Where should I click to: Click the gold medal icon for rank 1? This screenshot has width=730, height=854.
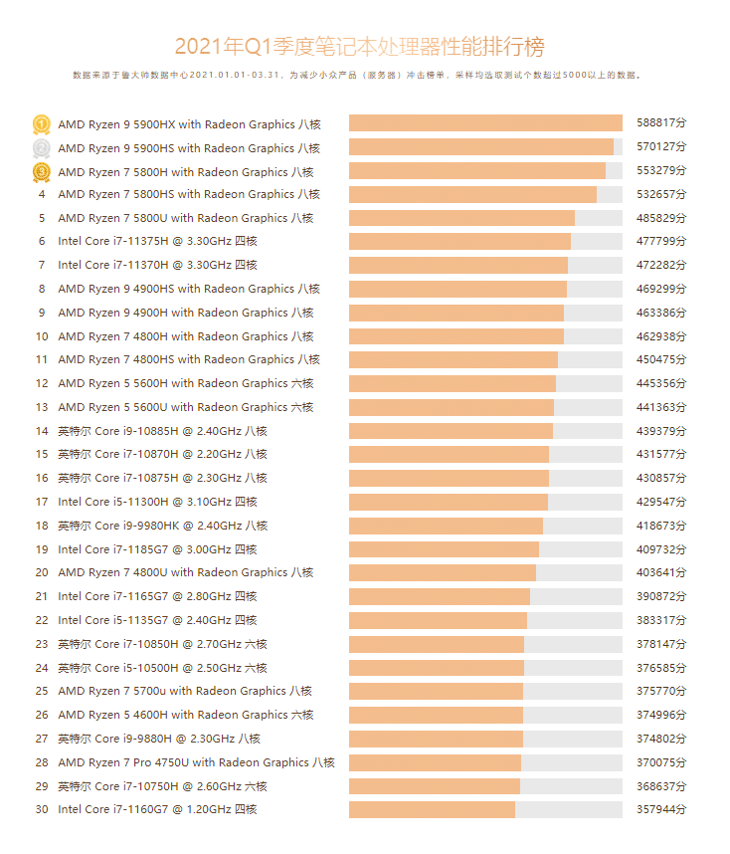coord(42,124)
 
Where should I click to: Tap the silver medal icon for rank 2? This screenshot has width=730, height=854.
coord(42,148)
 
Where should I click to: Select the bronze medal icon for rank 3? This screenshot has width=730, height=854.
coord(42,172)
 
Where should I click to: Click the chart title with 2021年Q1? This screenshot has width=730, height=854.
coord(359,47)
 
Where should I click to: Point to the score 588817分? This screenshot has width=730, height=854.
coord(661,123)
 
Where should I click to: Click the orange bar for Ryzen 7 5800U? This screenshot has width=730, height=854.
coord(461,218)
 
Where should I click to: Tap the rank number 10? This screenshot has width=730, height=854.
coord(42,336)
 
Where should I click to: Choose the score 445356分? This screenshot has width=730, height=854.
coord(661,383)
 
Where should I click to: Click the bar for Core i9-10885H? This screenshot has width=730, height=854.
coord(451,431)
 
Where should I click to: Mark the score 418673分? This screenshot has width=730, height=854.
coord(661,526)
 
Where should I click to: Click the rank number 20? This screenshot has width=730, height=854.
coord(42,572)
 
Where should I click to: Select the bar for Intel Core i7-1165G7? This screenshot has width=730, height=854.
coord(440,596)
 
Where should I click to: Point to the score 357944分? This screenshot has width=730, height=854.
coord(661,809)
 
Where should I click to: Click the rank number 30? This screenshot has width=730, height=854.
coord(42,809)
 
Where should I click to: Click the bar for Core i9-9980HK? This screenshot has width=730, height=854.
coord(446,526)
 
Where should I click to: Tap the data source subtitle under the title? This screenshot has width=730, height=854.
coord(357,75)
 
